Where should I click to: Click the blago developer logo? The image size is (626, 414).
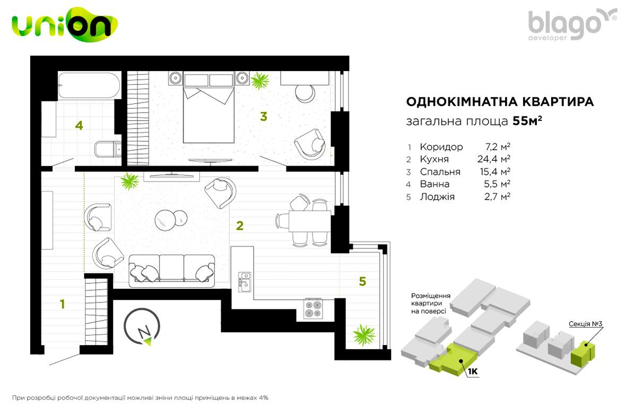click(x=572, y=24)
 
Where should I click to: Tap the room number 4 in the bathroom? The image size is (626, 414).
click(x=79, y=125)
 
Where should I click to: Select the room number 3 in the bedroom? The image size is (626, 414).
click(x=264, y=116)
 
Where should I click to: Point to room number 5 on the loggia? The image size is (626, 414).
click(x=362, y=281)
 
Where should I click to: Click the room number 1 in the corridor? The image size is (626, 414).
click(x=62, y=304)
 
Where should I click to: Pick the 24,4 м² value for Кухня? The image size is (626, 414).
click(x=494, y=159)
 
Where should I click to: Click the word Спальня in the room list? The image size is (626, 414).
click(x=440, y=172)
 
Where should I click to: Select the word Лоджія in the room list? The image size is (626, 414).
click(x=437, y=196)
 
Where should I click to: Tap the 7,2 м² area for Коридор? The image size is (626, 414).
click(x=498, y=146)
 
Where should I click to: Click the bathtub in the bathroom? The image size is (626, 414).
click(x=89, y=85)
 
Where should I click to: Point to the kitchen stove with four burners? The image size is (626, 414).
click(x=313, y=309)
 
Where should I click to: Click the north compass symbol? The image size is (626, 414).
click(x=142, y=327)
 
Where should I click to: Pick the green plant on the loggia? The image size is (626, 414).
click(x=364, y=335)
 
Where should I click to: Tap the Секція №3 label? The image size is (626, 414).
click(x=585, y=324)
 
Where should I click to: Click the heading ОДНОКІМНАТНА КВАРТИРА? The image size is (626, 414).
click(x=500, y=102)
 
